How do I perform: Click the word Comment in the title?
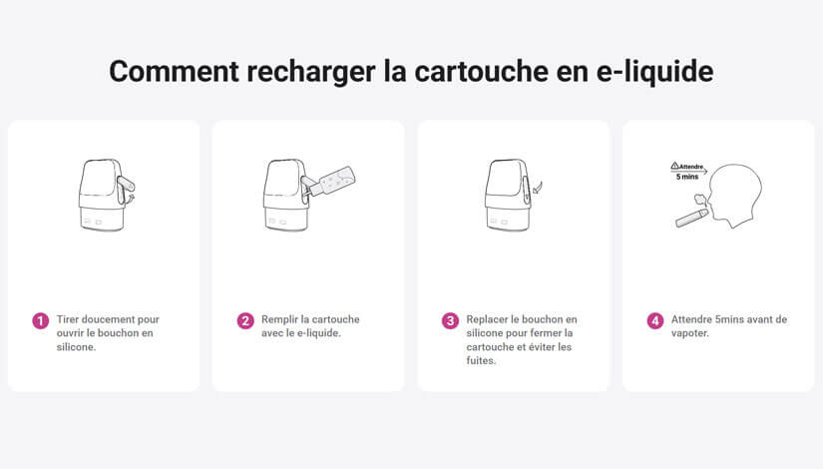[x=174, y=72]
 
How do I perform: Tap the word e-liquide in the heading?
[x=655, y=72]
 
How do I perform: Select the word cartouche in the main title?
[x=481, y=72]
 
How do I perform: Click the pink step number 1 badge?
[x=41, y=321]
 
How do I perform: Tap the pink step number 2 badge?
[x=245, y=321]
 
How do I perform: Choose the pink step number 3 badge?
[x=450, y=321]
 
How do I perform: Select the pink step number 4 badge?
[x=654, y=321]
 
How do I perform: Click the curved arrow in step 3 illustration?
[x=537, y=188]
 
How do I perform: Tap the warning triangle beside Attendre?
[x=675, y=166]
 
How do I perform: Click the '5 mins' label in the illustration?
[x=687, y=177]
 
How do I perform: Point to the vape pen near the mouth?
[x=691, y=218]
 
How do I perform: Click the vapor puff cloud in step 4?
[x=700, y=199]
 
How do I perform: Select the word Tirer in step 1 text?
[x=68, y=319]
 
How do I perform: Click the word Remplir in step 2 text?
[x=279, y=319]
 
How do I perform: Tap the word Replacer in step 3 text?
[x=487, y=319]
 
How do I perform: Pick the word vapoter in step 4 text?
[x=689, y=333]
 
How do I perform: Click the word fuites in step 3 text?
[x=480, y=361]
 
